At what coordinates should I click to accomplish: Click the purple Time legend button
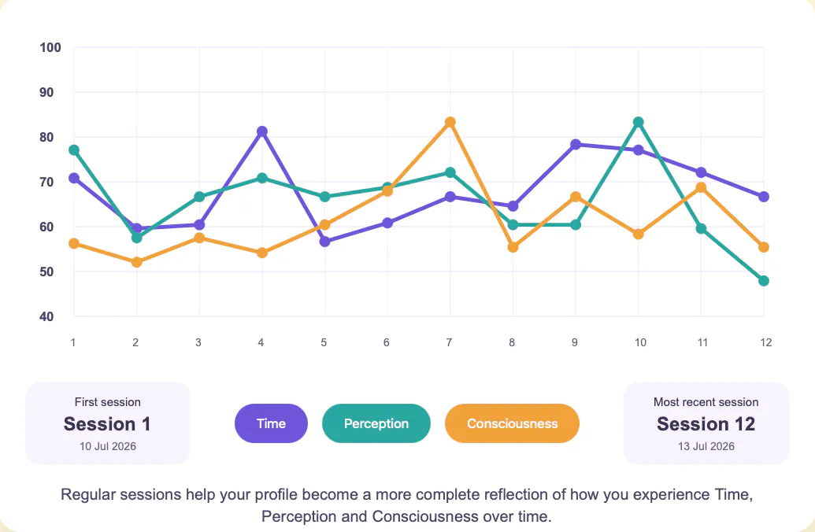pos(272,423)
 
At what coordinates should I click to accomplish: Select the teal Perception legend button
pos(376,423)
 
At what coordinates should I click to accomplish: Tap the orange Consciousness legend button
pos(512,423)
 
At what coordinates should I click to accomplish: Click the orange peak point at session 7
pos(450,122)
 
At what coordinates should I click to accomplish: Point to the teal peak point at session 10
pos(639,122)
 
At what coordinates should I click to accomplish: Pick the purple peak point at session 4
pos(262,131)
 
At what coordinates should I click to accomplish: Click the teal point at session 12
pos(764,280)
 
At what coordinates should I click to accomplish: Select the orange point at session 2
pos(137,262)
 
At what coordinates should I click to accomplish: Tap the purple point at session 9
pos(576,145)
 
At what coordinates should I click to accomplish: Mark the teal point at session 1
pos(74,150)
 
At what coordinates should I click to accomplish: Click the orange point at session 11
pos(701,187)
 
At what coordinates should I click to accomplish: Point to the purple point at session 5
pos(325,242)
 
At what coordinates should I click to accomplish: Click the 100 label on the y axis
pos(50,48)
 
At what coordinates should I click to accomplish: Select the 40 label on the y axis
pos(46,316)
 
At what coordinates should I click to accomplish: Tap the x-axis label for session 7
pos(449,342)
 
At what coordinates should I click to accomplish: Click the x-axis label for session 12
pos(765,342)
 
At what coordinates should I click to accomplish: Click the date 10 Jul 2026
pos(108,446)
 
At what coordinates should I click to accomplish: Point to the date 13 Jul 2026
pos(706,446)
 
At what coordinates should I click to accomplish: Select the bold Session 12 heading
pos(706,424)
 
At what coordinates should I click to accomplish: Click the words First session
pos(108,402)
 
